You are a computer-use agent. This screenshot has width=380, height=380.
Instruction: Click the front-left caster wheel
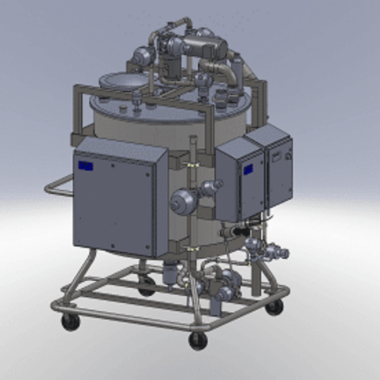tap(70, 321)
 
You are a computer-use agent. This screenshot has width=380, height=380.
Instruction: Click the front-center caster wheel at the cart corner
tap(198, 340)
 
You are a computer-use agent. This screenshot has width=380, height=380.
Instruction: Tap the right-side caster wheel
tap(274, 307)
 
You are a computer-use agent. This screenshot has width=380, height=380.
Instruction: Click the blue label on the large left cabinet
tap(86, 166)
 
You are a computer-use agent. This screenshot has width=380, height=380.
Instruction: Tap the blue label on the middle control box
tap(248, 169)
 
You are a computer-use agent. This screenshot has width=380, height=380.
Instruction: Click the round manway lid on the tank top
tap(122, 80)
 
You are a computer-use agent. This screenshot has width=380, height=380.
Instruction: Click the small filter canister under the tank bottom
tap(169, 274)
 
